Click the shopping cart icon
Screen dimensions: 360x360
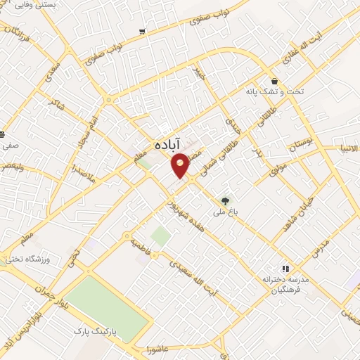click(x=143, y=32)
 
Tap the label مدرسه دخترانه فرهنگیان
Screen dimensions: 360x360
click(x=286, y=283)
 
